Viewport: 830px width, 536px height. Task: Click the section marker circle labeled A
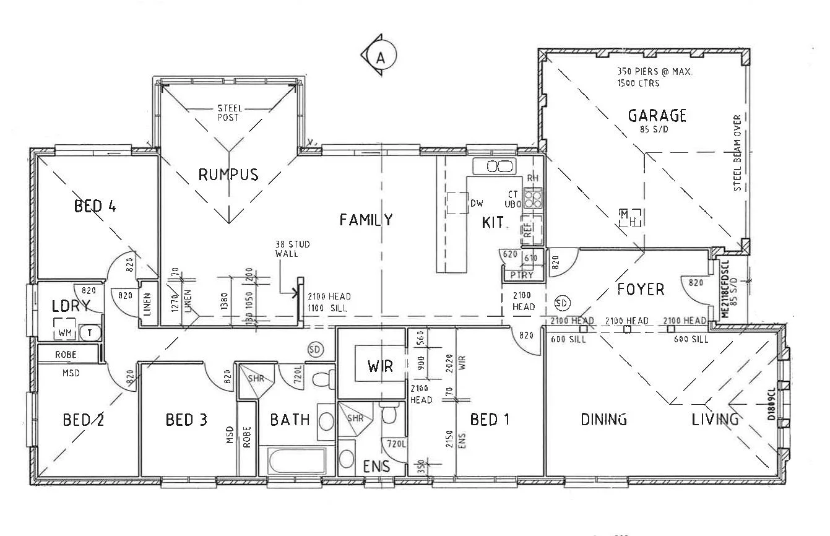pos(380,57)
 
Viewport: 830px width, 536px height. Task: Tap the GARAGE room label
pos(657,116)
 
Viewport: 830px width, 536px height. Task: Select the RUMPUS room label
pos(228,175)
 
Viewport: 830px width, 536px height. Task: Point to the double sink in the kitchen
pos(494,166)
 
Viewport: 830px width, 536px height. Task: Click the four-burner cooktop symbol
pos(533,198)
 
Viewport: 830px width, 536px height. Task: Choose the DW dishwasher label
pos(477,202)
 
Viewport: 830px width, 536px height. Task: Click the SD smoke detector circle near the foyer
pos(562,303)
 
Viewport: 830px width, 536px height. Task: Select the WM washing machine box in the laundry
pos(64,333)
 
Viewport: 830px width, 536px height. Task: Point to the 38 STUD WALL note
pos(292,249)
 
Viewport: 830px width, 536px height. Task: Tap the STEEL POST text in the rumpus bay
pos(230,113)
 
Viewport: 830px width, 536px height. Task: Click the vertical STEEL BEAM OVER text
pos(737,153)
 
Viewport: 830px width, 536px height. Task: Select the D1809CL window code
pos(771,405)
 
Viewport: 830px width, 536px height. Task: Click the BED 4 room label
pos(95,205)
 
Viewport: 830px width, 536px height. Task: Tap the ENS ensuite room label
pos(377,466)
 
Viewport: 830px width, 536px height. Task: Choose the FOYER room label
pos(641,289)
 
